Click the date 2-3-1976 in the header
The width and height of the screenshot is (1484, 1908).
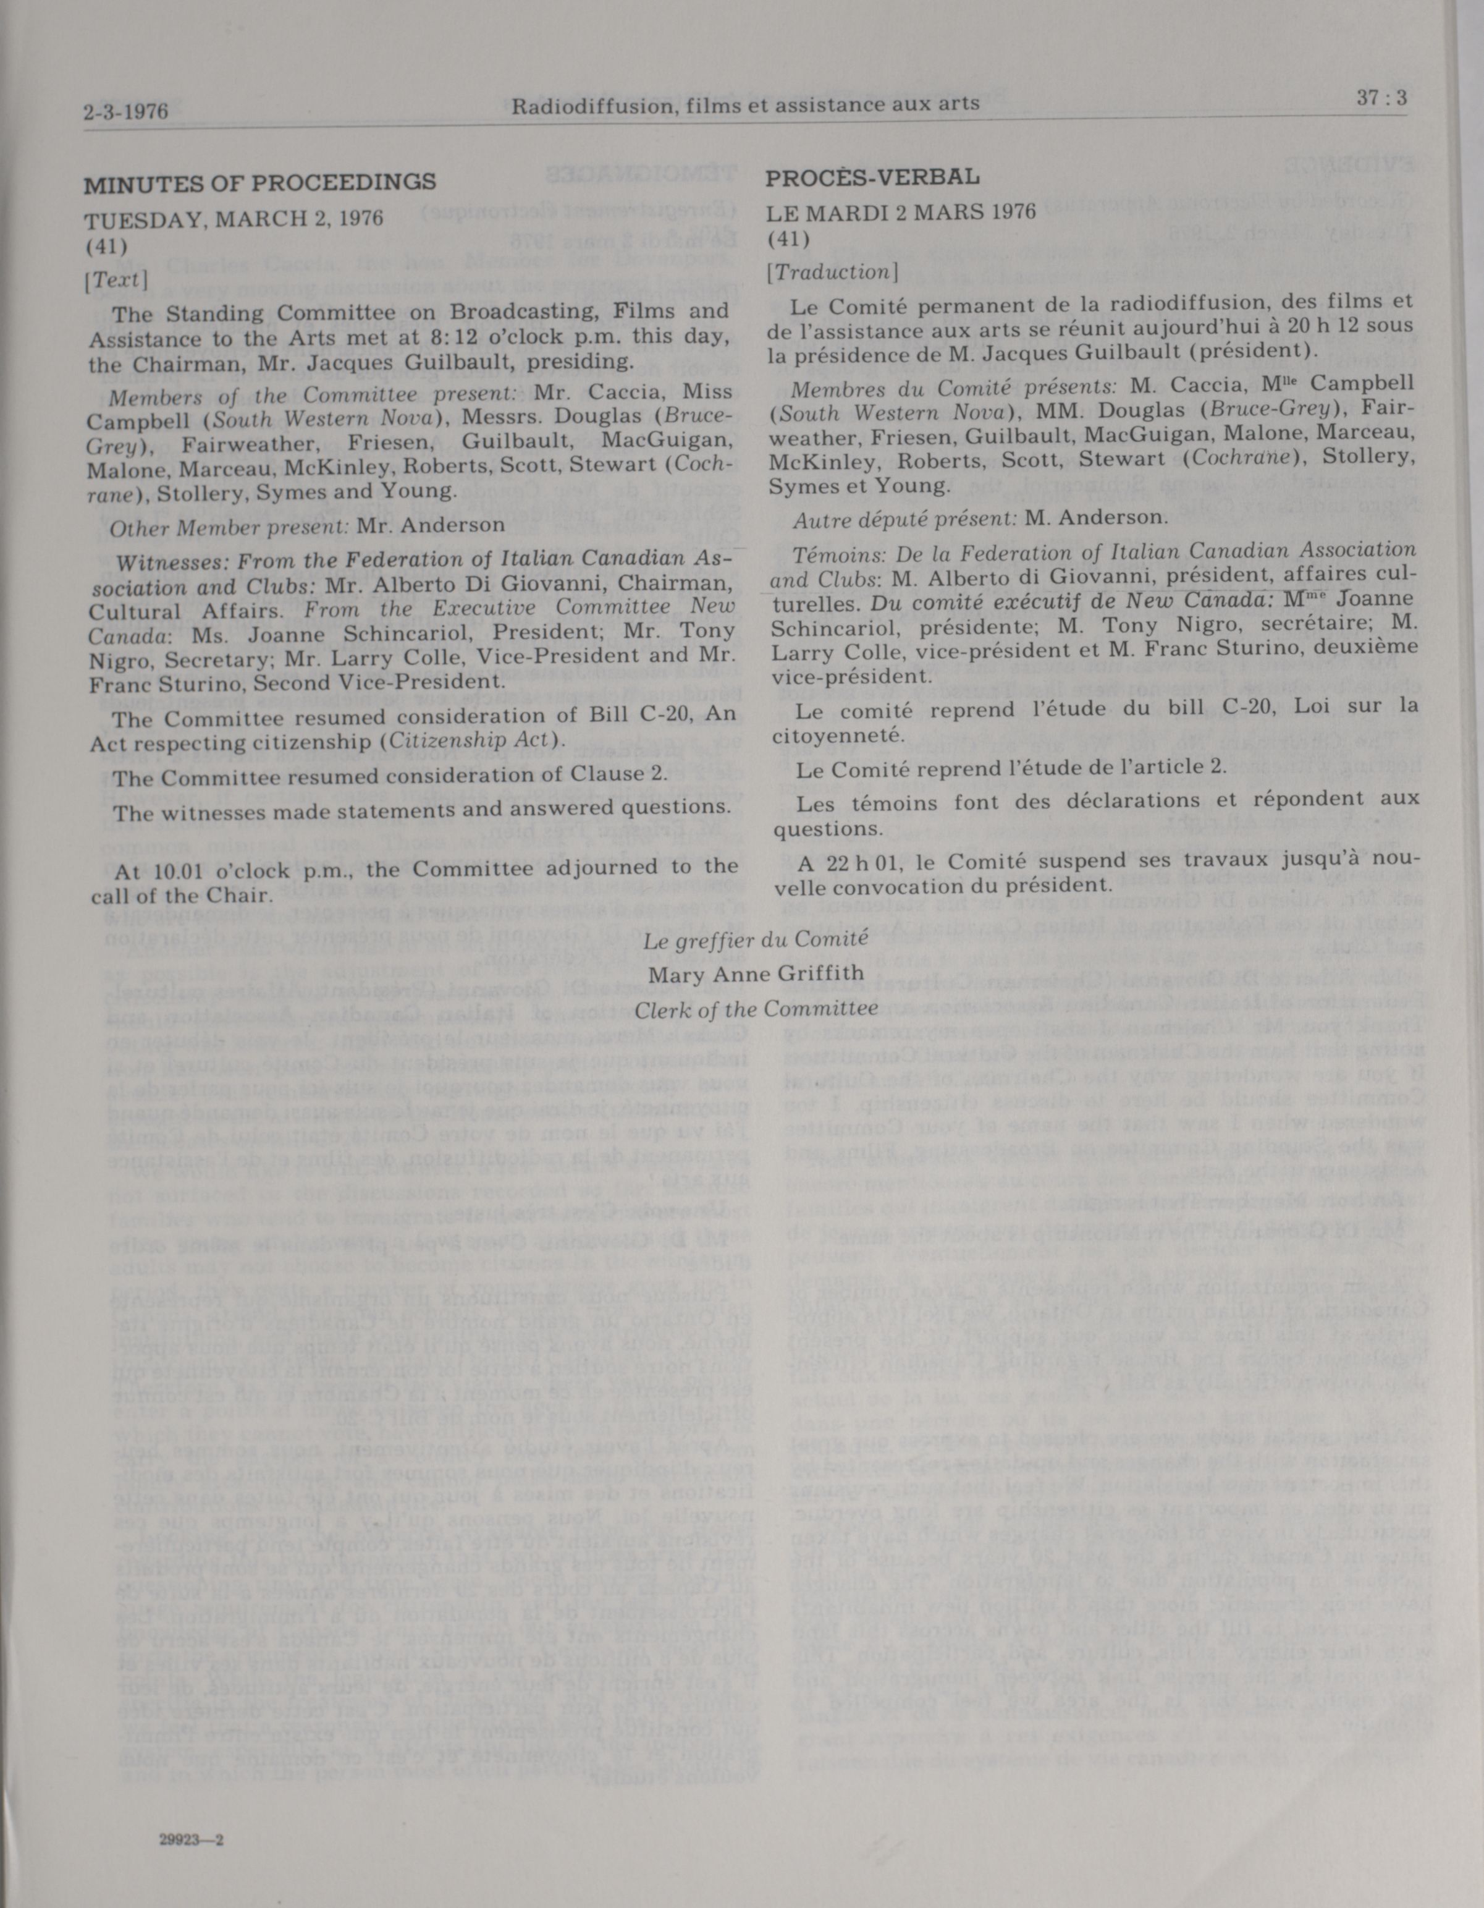point(126,112)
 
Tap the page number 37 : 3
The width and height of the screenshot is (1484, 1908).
point(1382,98)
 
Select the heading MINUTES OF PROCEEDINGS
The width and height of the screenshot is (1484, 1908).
point(259,184)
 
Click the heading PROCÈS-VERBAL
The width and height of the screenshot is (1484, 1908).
point(872,177)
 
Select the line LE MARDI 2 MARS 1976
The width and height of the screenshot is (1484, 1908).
point(901,211)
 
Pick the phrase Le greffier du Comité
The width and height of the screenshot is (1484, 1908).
point(756,939)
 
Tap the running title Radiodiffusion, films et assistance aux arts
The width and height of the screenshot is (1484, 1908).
point(745,106)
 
